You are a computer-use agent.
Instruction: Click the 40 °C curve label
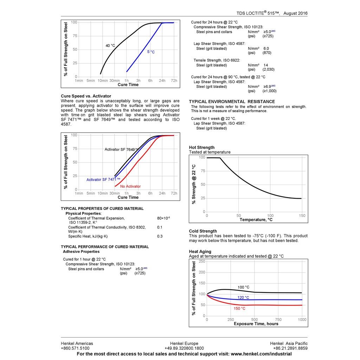click(x=110, y=46)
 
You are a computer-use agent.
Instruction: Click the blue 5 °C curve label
click(x=151, y=52)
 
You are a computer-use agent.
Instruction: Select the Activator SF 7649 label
click(x=121, y=149)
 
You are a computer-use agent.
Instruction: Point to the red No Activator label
click(x=130, y=186)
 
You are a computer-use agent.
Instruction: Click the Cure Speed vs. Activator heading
click(x=86, y=96)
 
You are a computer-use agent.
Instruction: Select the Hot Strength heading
click(x=201, y=147)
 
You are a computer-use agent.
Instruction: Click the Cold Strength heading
click(x=203, y=231)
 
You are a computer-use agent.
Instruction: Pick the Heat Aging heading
click(x=200, y=251)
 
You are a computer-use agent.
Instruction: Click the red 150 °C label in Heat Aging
click(x=239, y=308)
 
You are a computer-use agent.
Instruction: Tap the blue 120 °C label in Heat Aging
click(x=243, y=298)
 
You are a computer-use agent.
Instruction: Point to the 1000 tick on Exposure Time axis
click(x=302, y=320)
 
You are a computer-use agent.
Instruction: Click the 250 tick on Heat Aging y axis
click(x=202, y=261)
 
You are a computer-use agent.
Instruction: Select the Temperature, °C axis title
click(x=256, y=220)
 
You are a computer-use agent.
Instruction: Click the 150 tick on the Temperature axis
click(x=302, y=216)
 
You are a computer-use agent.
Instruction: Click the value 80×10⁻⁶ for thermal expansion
click(x=163, y=218)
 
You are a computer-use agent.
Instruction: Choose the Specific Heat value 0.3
click(x=160, y=236)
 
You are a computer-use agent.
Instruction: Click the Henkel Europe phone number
click(x=184, y=348)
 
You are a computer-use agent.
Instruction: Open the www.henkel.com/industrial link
click(x=261, y=354)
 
